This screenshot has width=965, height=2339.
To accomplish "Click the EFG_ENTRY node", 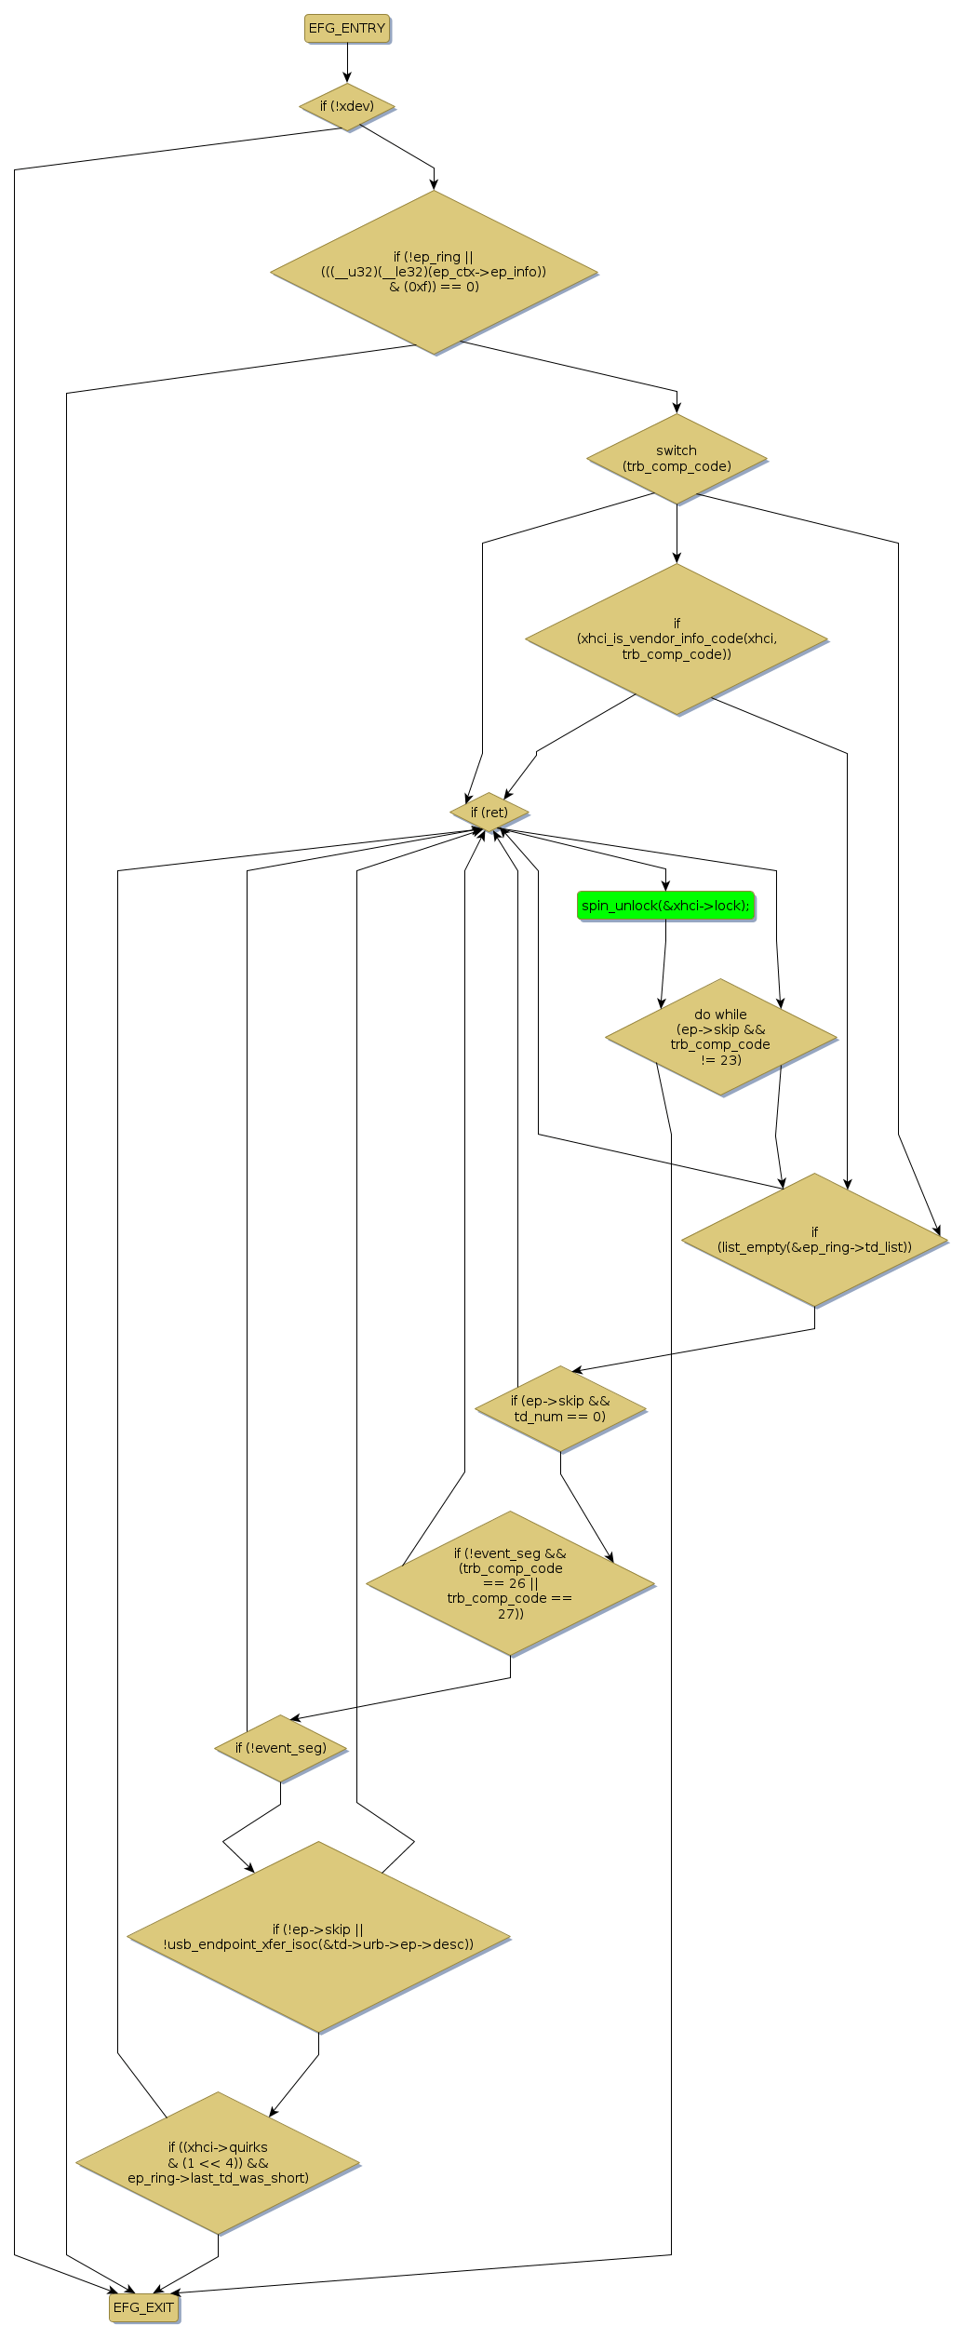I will click(x=346, y=28).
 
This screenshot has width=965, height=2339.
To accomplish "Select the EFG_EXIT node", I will click(x=143, y=2306).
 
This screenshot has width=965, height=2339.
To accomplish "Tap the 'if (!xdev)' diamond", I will click(x=347, y=106).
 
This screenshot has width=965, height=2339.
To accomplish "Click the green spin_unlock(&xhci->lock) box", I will click(x=665, y=906).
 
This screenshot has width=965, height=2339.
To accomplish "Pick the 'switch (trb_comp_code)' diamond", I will click(x=677, y=458).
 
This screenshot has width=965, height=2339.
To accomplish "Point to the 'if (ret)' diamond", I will click(x=489, y=813).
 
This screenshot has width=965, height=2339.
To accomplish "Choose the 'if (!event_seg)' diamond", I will click(x=281, y=1748).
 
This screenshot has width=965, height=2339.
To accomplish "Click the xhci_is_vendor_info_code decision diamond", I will click(x=677, y=639).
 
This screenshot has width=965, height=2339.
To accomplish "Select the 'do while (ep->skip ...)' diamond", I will click(x=720, y=1037).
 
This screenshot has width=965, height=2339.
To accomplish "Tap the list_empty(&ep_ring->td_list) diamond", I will click(x=814, y=1240).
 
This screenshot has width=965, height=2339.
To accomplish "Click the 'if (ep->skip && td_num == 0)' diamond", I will click(x=560, y=1408).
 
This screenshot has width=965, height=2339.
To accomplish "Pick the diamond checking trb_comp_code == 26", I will click(x=510, y=1583).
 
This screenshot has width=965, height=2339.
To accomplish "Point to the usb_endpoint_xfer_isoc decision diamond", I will click(x=318, y=1937).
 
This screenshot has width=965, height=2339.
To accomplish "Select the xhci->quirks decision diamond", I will click(x=218, y=2162).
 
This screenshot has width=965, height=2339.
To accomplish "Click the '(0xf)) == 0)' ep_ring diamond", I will click(x=434, y=272).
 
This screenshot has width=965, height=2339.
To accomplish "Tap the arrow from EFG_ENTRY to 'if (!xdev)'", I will click(x=347, y=62).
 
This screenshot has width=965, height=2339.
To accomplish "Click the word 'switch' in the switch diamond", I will click(x=677, y=450).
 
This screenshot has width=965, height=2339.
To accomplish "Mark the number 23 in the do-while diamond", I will click(x=730, y=1059).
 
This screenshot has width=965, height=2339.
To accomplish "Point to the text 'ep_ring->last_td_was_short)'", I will click(x=219, y=2177).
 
